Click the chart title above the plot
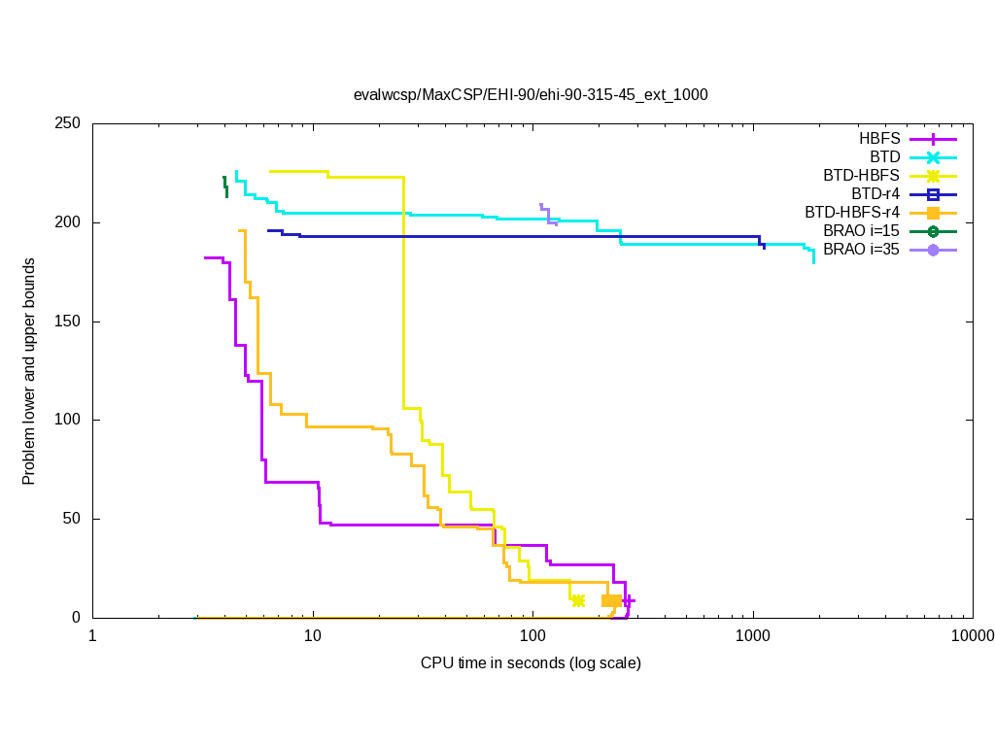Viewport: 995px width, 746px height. tap(531, 95)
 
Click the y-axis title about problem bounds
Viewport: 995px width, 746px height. tap(30, 372)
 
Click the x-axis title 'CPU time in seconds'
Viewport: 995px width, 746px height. tap(531, 663)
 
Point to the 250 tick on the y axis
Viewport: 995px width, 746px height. tap(69, 124)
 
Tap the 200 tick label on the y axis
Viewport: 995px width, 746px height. tap(69, 222)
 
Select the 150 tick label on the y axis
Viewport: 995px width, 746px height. tap(69, 322)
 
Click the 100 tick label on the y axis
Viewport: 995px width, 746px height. tap(69, 420)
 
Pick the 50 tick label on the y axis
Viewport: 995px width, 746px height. tap(73, 519)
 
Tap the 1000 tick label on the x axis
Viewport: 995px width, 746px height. tap(753, 636)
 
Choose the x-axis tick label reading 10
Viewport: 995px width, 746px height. tap(312, 636)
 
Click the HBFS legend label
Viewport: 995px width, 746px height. tap(879, 139)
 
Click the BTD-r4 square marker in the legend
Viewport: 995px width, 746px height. tap(933, 194)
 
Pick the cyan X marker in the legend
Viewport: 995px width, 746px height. tap(933, 157)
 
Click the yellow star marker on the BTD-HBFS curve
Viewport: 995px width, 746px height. tap(578, 601)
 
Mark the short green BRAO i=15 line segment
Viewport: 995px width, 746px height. tap(225, 186)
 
